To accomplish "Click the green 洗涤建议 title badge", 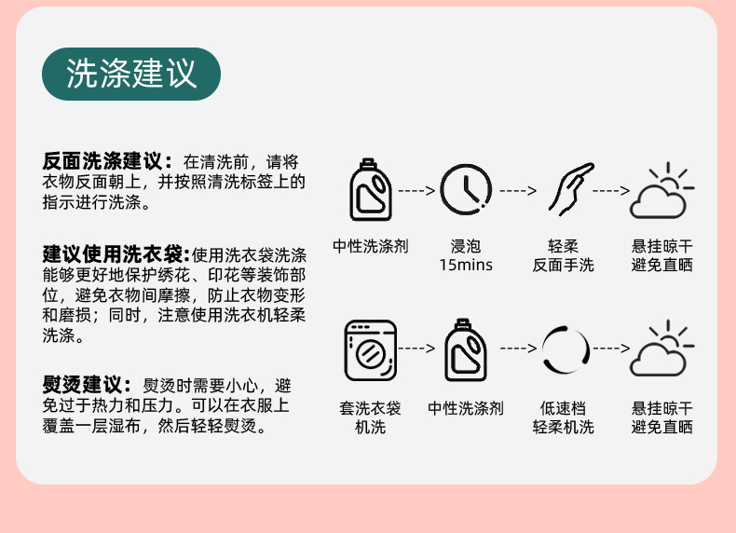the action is tap(131, 75).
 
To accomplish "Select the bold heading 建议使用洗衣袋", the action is tap(116, 254).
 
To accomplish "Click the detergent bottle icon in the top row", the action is tap(370, 190).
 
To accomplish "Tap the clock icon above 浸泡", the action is tap(466, 190).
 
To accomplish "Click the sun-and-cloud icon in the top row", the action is tap(661, 190).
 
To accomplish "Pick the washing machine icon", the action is tap(370, 349).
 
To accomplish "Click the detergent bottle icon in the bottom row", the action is tap(466, 349).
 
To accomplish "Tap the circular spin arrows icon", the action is tap(566, 349).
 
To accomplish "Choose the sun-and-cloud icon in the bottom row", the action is tap(661, 349).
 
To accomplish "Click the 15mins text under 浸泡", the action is tap(466, 266).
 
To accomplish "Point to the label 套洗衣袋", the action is tap(370, 408).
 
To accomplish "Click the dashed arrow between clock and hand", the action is tap(518, 190).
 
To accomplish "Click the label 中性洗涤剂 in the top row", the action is tap(371, 246).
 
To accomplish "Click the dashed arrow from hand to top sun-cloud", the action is tap(612, 190).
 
